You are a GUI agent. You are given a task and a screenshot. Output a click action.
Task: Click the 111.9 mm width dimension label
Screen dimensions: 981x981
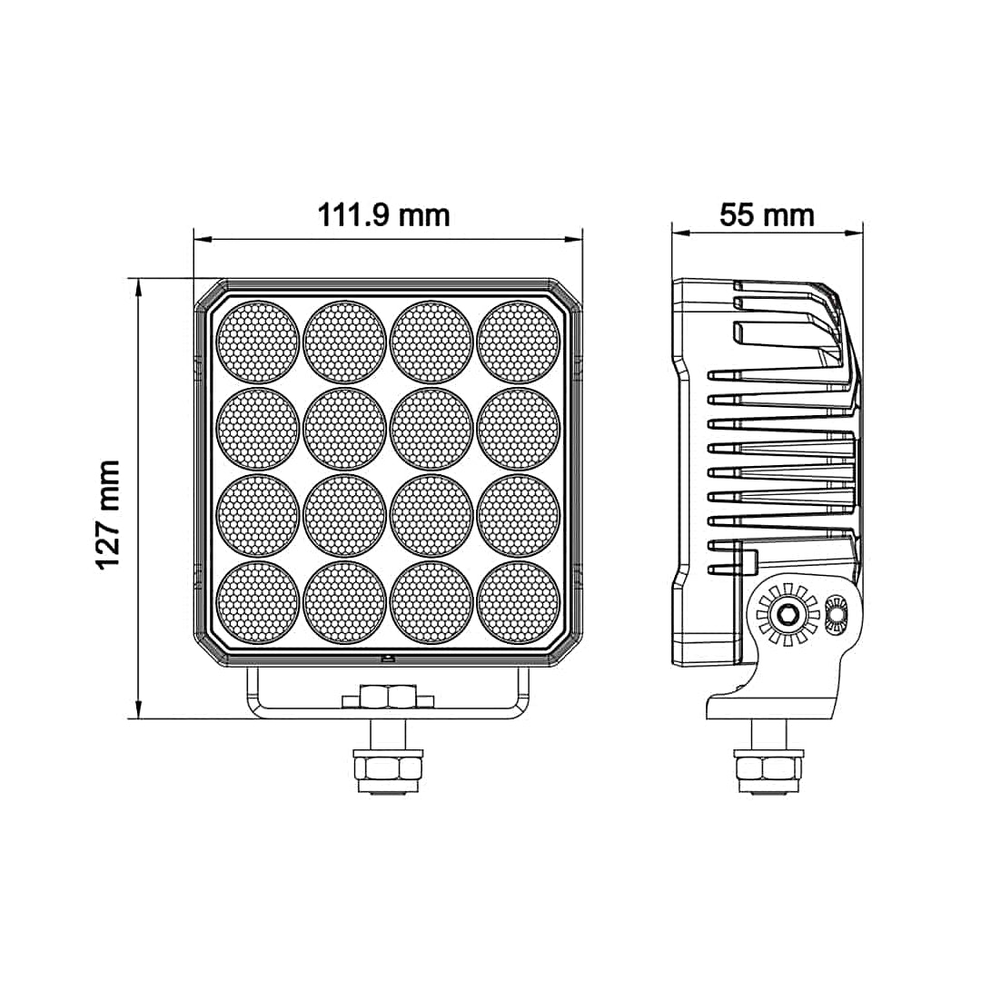(383, 215)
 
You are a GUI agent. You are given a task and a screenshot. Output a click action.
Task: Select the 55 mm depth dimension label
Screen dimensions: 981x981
(767, 215)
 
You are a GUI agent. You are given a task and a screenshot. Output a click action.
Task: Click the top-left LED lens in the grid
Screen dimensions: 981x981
(258, 342)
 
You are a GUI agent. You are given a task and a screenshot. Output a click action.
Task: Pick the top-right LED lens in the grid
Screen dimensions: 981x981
(519, 342)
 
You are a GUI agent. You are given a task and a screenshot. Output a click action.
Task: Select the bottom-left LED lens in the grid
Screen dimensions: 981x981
(258, 602)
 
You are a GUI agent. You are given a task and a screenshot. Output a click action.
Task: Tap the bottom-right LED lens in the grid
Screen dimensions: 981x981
(519, 602)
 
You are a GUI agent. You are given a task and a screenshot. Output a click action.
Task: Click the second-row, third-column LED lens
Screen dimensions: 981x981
(431, 429)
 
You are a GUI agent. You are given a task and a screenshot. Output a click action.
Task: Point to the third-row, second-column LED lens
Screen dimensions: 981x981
(345, 516)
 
